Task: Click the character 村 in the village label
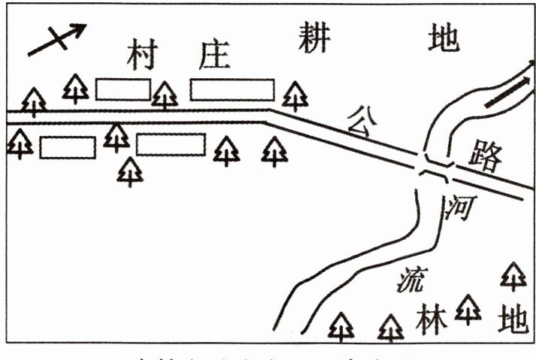point(141,55)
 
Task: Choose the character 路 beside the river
point(483,156)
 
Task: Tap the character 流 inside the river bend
point(410,280)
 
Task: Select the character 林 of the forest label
point(430,321)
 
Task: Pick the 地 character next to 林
point(513,321)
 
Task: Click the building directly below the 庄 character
point(232,89)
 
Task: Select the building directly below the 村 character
point(123,89)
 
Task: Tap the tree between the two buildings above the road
point(165,95)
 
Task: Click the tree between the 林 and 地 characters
point(468,307)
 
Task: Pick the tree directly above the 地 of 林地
point(513,276)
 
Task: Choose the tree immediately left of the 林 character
point(390,327)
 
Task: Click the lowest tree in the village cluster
point(130,171)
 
